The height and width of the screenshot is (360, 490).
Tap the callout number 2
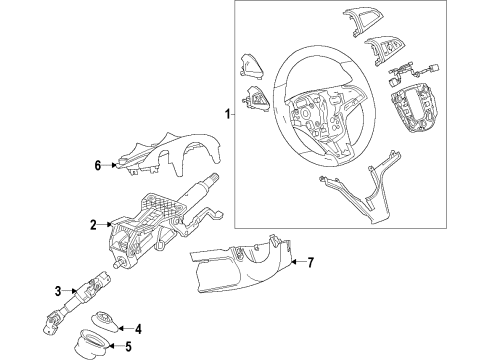92,226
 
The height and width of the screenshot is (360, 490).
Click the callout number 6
97,166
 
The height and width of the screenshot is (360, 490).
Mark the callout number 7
311,263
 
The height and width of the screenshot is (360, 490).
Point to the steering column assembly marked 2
165,225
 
